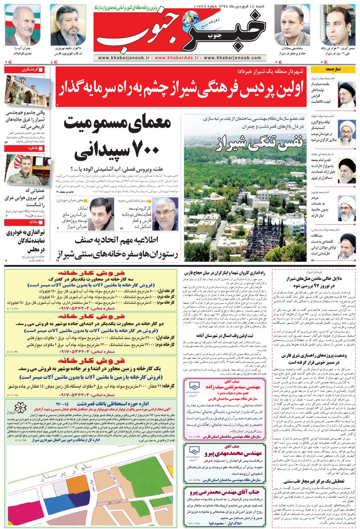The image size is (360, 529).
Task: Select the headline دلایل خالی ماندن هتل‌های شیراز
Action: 314,282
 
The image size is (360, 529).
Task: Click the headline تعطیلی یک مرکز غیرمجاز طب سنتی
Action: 314,481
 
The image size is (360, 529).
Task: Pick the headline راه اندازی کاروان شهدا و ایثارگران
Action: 224,273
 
